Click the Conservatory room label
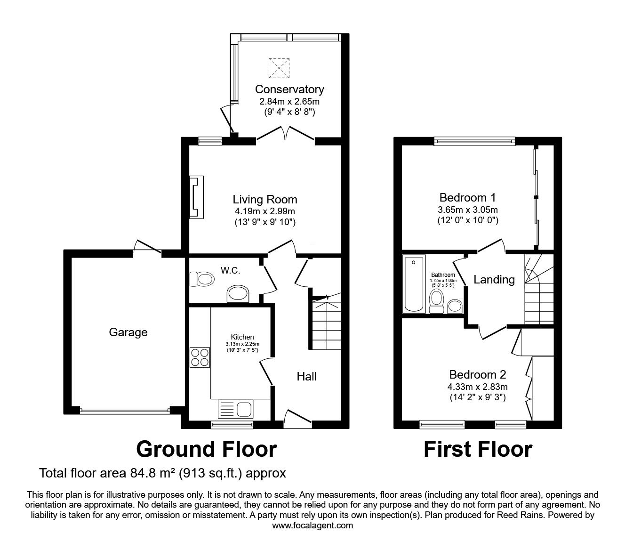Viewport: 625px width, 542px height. click(x=289, y=89)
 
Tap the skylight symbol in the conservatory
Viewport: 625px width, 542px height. click(x=279, y=68)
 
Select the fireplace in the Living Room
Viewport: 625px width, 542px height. click(x=197, y=197)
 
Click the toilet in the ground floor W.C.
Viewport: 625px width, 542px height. click(x=202, y=279)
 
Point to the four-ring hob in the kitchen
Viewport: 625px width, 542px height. click(x=200, y=357)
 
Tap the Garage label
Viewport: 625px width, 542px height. click(x=128, y=332)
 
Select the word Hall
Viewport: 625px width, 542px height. click(x=306, y=376)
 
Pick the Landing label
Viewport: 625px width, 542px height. click(x=494, y=280)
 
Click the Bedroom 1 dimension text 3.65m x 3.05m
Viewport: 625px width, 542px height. click(x=468, y=210)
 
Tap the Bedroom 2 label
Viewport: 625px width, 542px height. click(x=478, y=375)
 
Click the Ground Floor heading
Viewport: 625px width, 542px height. click(x=207, y=449)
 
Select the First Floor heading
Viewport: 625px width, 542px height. click(x=478, y=449)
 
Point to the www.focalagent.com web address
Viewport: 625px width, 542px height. click(x=312, y=526)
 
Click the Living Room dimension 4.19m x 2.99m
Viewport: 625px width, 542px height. click(x=265, y=211)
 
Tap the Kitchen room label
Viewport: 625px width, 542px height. click(x=242, y=337)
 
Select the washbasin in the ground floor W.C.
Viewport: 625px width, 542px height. click(x=238, y=293)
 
